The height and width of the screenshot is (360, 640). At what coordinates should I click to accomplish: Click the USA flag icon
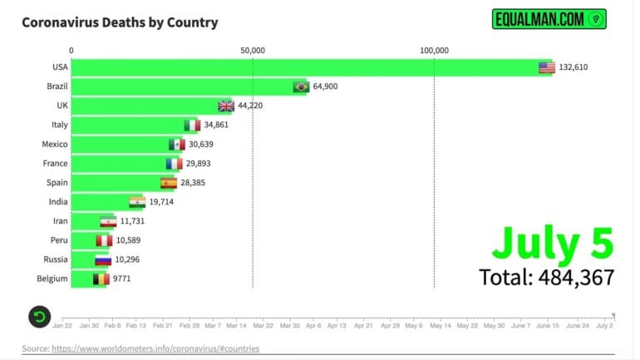tap(546, 67)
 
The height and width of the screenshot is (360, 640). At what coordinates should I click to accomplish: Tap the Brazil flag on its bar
tap(301, 86)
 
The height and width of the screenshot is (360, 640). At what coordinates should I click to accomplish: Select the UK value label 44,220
tap(253, 106)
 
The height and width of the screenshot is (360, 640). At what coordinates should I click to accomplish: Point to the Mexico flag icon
tap(175, 145)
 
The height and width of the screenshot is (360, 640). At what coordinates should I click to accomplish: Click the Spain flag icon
tap(169, 183)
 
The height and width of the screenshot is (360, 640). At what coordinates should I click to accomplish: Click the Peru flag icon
tap(103, 240)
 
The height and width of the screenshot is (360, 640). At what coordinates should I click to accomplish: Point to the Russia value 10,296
tap(130, 259)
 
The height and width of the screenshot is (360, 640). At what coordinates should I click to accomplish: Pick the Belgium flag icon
tap(100, 279)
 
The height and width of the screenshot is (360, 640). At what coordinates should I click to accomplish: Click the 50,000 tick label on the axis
tap(253, 50)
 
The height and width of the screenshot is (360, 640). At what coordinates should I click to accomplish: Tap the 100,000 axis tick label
tap(434, 50)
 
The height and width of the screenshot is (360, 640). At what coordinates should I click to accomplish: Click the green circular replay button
tap(40, 316)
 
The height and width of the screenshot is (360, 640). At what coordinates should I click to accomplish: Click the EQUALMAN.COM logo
tap(549, 19)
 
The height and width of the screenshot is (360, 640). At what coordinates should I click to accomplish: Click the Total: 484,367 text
tap(546, 277)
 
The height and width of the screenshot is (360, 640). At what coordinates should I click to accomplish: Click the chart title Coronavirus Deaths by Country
tap(120, 22)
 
